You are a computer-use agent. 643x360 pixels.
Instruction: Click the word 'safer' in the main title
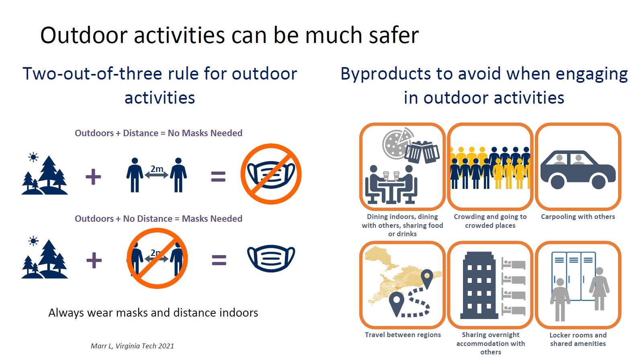(x=393, y=35)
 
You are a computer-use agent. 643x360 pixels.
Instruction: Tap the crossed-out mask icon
(x=271, y=174)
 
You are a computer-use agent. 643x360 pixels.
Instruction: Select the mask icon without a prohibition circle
(x=271, y=258)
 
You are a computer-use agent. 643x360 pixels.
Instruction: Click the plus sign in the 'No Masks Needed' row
(x=93, y=176)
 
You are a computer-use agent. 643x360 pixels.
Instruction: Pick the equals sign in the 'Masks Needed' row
(x=219, y=260)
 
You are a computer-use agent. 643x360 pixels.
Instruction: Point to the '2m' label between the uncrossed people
(x=157, y=169)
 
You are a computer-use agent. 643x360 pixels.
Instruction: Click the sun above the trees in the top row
(x=33, y=157)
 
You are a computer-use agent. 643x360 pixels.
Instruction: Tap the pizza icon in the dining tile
(x=397, y=143)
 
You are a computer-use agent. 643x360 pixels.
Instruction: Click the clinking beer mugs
(x=422, y=152)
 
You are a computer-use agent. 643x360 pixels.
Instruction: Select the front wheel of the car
(x=557, y=182)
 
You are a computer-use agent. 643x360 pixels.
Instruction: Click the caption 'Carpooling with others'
(x=578, y=217)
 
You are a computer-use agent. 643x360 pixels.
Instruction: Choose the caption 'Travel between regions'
(x=403, y=335)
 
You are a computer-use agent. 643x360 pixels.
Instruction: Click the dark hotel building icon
(x=479, y=285)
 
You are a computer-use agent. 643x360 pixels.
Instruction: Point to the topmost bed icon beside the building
(x=514, y=263)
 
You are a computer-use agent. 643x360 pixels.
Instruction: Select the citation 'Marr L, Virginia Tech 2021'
(x=132, y=346)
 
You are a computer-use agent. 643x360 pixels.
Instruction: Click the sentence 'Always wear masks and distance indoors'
(x=153, y=313)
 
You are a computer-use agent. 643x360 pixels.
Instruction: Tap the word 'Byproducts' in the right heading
(x=385, y=74)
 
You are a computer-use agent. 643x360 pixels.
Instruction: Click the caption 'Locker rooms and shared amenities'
(x=578, y=340)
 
